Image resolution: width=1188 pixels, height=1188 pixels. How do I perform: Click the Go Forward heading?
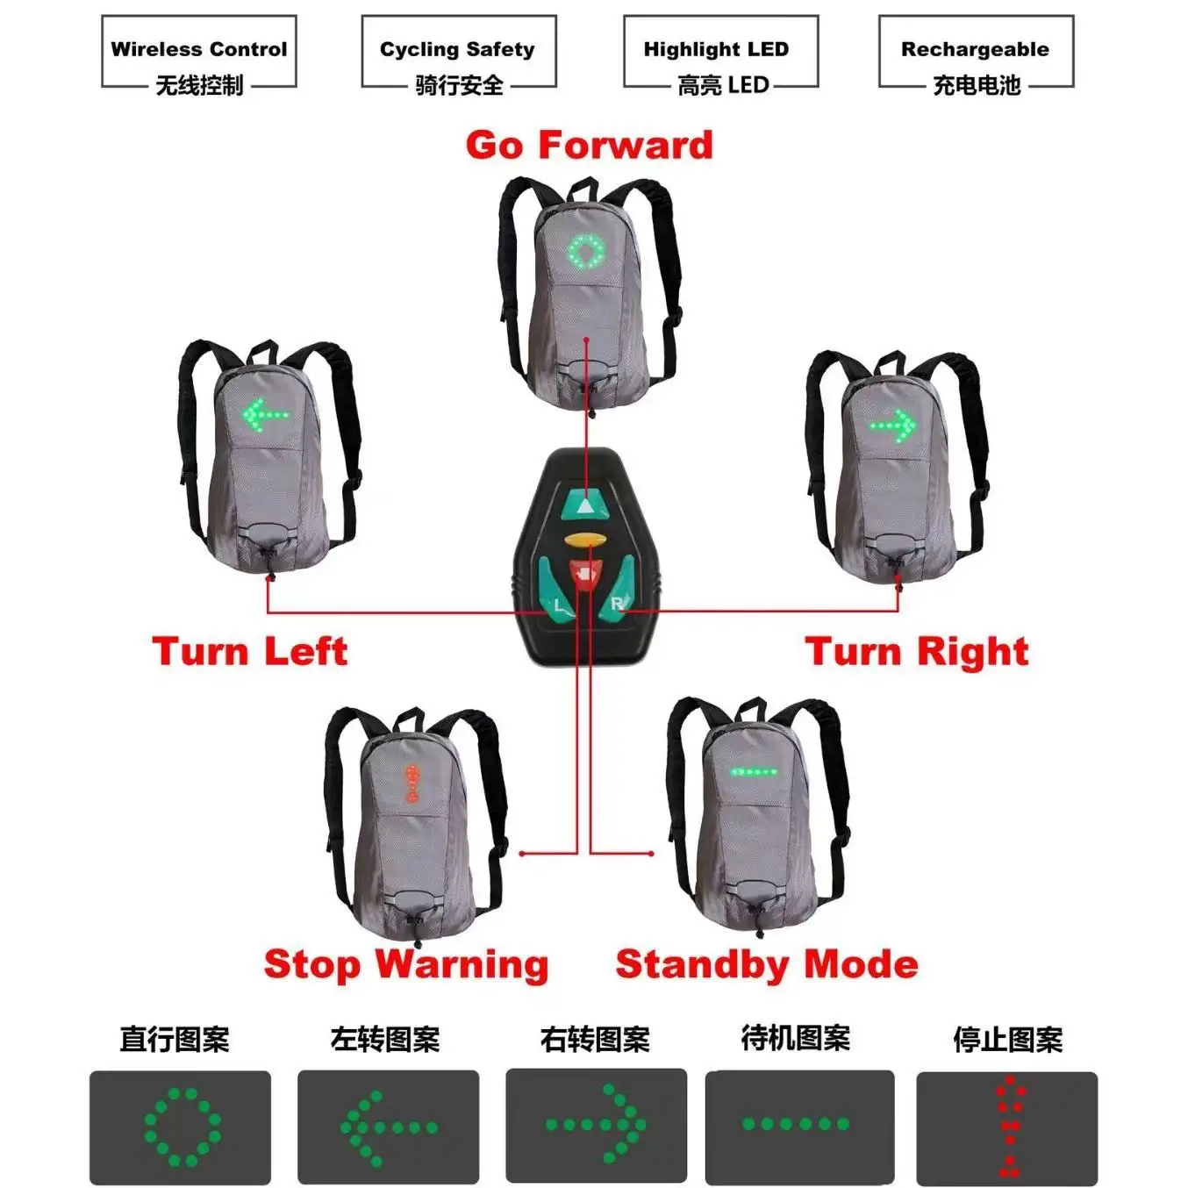pos(589,146)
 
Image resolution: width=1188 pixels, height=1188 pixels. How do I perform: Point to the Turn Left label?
pos(250,652)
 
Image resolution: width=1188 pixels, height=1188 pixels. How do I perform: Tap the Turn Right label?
pos(917,652)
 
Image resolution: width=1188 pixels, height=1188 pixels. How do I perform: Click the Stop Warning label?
pos(406,964)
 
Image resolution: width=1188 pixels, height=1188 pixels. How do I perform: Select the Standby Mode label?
pos(767,964)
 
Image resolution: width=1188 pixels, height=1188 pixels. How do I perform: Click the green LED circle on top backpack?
pos(586,252)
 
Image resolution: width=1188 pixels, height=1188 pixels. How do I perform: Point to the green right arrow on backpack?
pos(893,427)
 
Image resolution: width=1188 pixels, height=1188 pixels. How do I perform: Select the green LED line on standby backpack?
pos(754,773)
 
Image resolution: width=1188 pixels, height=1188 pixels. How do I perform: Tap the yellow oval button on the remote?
pos(585,539)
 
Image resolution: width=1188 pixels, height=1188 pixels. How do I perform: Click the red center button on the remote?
pos(584,573)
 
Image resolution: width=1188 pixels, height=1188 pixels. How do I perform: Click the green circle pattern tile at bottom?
pos(181,1127)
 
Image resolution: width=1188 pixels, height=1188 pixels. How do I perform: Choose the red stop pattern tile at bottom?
pos(1007,1127)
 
